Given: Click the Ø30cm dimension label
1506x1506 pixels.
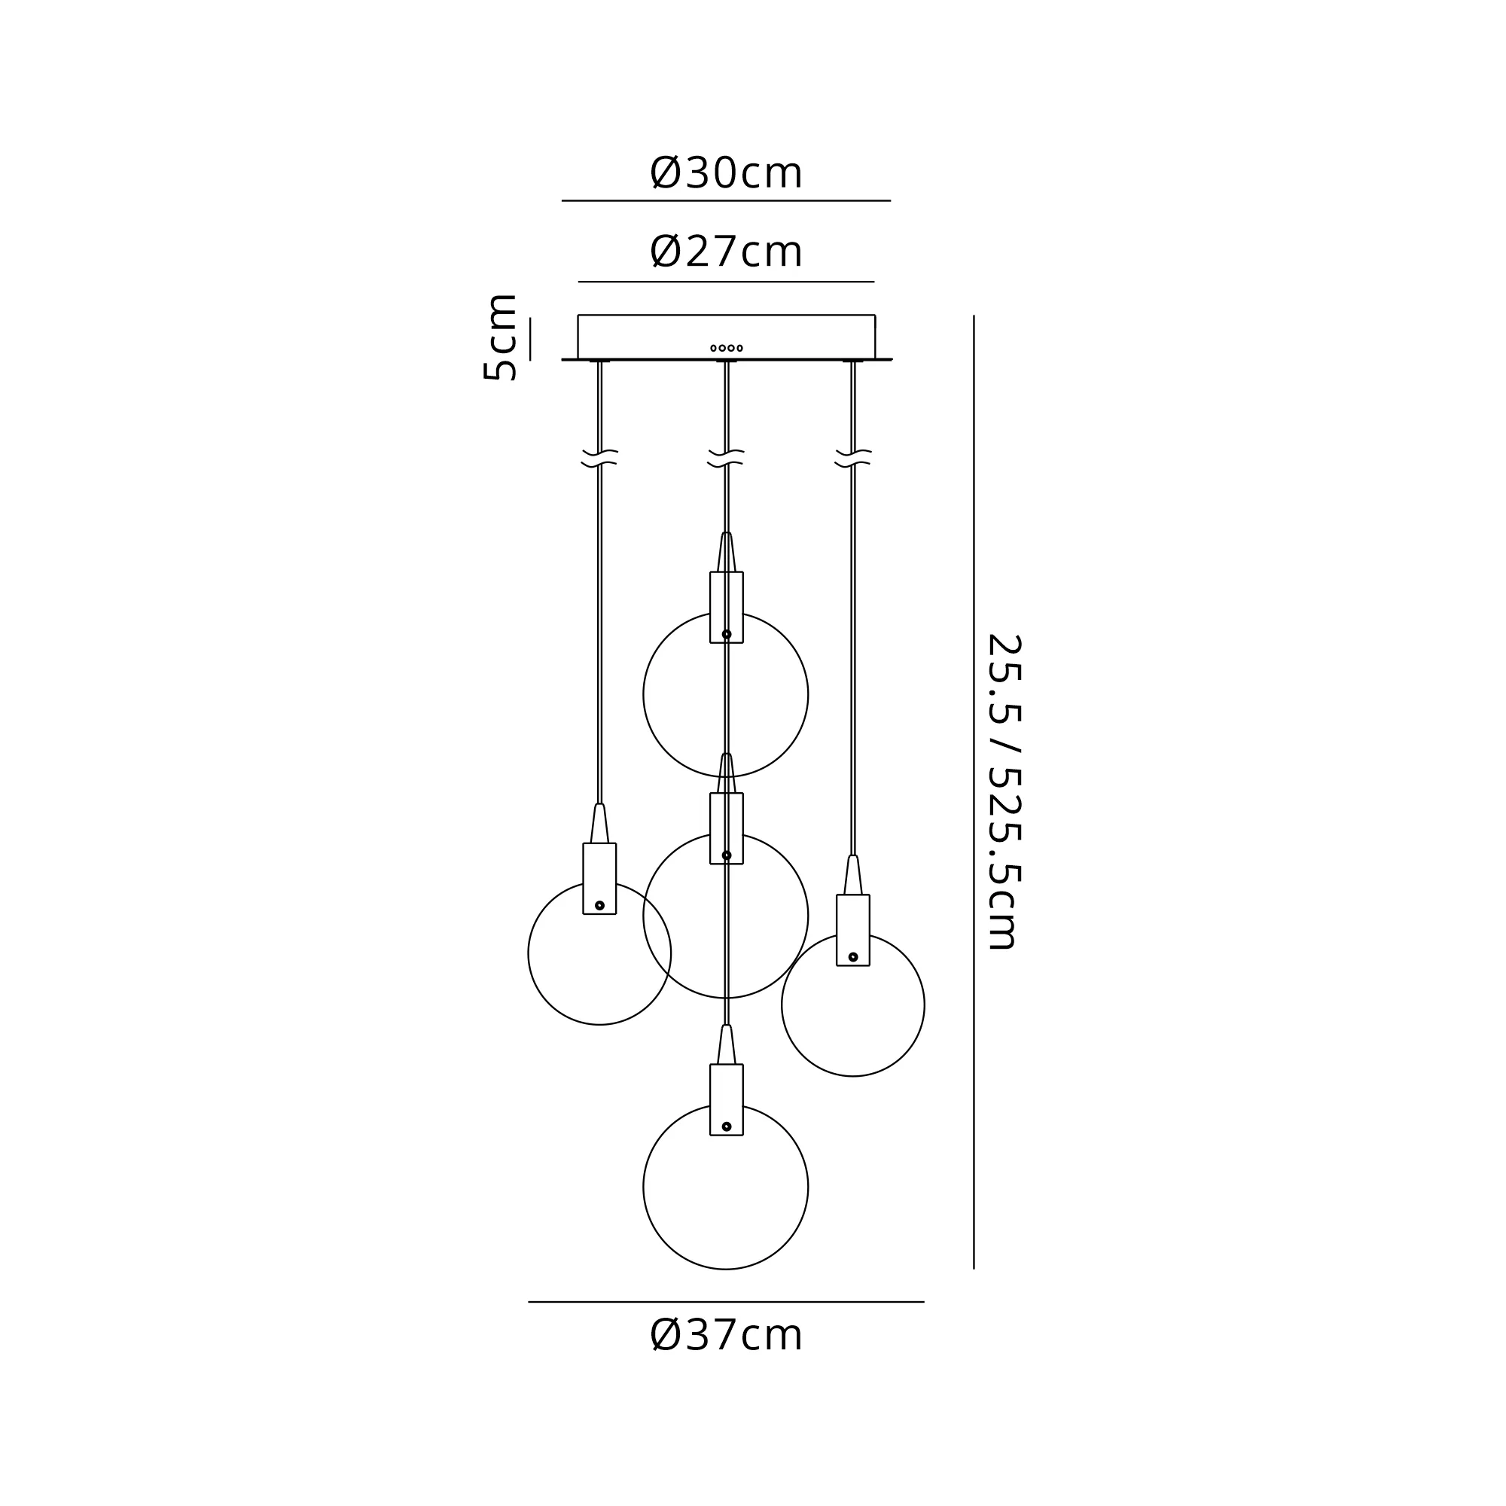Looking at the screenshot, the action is pos(726,172).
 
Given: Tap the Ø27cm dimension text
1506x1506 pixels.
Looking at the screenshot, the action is pos(726,252).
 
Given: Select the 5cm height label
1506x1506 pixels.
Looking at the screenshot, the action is pos(501,337).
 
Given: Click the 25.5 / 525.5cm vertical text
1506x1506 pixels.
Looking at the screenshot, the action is pos(1004,792).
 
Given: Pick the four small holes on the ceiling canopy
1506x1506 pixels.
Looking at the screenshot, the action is pos(727,348).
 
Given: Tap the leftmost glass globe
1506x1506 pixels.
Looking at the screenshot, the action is pos(529,953).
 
